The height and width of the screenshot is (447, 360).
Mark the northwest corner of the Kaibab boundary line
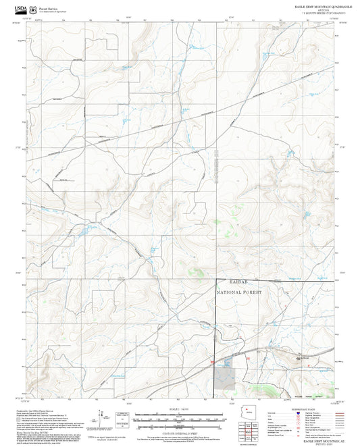[x=215, y=280]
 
